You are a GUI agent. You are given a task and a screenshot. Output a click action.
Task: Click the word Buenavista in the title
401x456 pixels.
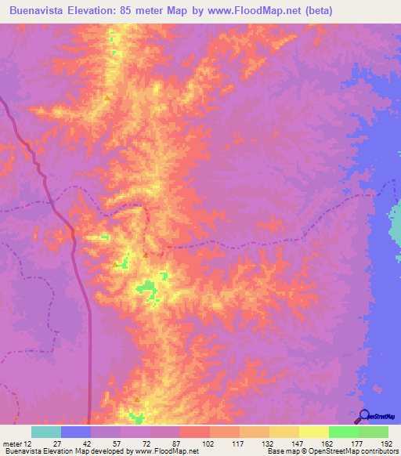coord(38,11)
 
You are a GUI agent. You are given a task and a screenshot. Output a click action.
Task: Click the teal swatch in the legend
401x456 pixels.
coord(46,432)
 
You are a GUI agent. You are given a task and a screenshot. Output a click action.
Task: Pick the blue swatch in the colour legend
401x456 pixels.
coord(76,432)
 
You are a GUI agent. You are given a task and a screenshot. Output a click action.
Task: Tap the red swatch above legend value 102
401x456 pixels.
coord(195,432)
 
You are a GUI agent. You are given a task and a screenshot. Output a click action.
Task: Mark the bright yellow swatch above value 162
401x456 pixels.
coord(314,432)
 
